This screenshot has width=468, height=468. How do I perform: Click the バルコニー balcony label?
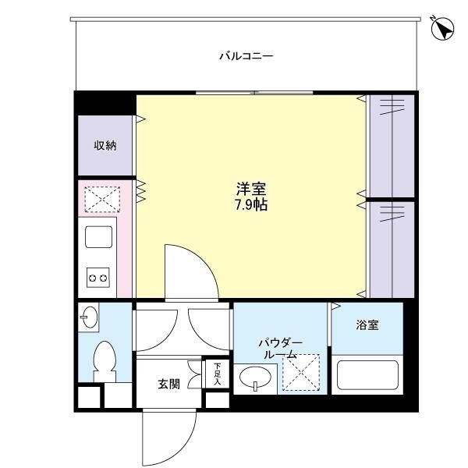(x=245, y=56)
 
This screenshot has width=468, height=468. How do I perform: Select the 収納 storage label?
(x=105, y=145)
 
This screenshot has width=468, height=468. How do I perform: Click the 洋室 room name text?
(x=251, y=190)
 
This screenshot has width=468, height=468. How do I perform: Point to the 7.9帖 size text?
(x=251, y=206)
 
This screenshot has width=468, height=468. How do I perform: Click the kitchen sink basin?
(x=98, y=236)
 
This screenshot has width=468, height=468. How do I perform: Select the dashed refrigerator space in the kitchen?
(x=102, y=199)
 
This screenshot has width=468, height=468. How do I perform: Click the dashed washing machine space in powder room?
(x=301, y=371)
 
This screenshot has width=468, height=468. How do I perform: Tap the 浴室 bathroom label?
(x=367, y=324)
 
